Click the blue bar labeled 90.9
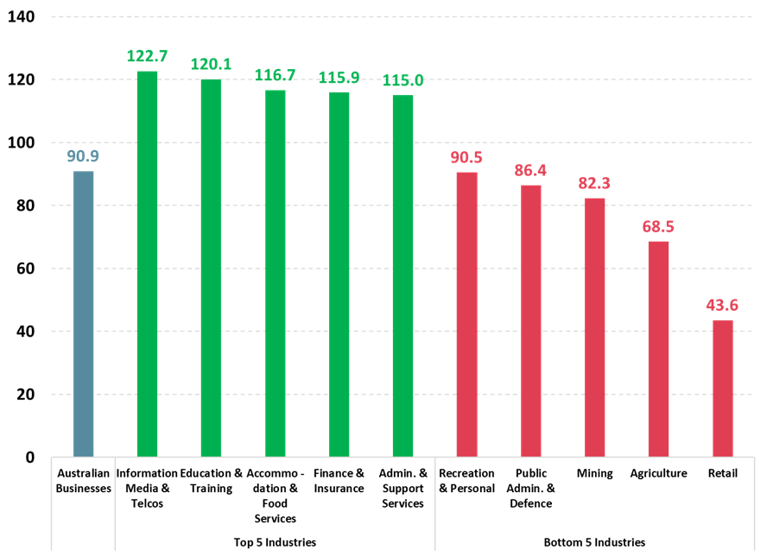83,313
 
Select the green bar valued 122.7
147,263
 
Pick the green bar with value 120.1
211,268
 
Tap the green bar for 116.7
275,273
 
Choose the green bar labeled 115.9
339,274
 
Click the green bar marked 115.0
403,275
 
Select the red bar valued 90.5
466,313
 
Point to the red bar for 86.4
530,320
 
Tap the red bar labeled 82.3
594,326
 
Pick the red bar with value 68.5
658,348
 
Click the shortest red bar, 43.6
722,388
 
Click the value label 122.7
147,56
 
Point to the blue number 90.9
83,156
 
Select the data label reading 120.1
211,65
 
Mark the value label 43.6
722,305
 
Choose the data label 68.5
658,226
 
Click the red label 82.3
594,183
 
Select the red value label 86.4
530,170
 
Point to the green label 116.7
275,75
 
